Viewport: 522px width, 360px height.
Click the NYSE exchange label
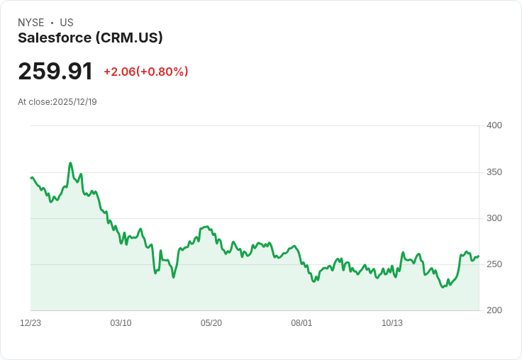(31, 23)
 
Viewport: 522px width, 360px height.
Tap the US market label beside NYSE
(67, 23)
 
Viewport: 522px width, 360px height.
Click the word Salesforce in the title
(54, 38)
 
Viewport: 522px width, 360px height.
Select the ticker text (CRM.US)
(129, 38)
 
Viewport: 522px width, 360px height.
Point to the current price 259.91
(55, 72)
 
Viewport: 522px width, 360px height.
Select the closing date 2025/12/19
(74, 102)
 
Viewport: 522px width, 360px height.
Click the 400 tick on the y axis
(494, 125)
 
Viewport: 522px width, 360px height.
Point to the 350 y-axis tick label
(494, 172)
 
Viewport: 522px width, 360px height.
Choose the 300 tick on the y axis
(494, 218)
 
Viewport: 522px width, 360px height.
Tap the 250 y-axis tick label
(494, 264)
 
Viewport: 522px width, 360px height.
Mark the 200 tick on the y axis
(494, 310)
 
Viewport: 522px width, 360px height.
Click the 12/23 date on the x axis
(30, 323)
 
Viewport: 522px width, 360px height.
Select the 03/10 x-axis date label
(121, 323)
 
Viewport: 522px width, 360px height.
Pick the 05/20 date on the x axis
(211, 323)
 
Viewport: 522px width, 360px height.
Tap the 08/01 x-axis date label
(301, 323)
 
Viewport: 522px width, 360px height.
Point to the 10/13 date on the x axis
(392, 323)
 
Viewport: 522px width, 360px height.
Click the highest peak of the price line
(70, 163)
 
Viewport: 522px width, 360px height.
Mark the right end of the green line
(479, 256)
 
